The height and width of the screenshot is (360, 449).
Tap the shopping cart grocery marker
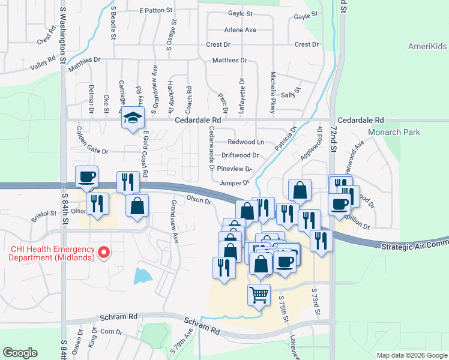[x=259, y=294]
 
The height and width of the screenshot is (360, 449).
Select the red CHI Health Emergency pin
[x=104, y=253]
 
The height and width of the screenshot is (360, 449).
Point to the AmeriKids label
[x=427, y=46]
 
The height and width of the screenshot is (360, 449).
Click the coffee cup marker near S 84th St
[x=87, y=176]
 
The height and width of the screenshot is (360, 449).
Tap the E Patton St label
[x=155, y=11]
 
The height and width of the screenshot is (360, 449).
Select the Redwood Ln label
[x=246, y=142]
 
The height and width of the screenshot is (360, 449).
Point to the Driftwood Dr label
[x=240, y=155]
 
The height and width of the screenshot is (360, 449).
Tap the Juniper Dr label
[x=235, y=182]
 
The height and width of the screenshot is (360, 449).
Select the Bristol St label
[x=44, y=213]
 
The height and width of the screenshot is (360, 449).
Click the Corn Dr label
[x=111, y=331]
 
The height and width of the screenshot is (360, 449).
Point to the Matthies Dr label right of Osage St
[x=230, y=60]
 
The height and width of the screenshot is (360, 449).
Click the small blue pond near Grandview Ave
[x=143, y=276]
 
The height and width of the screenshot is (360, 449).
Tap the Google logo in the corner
[x=20, y=353]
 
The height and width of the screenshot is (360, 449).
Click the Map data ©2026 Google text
[x=411, y=355]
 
